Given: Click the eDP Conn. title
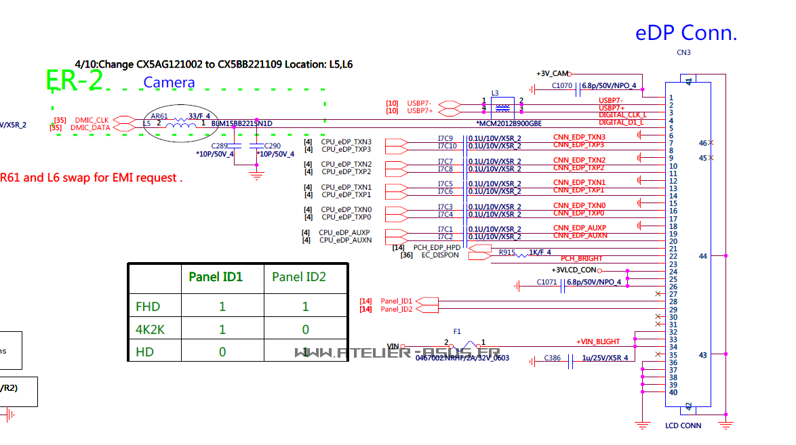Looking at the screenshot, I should click(x=685, y=33).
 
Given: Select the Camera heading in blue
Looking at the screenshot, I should click(x=169, y=83).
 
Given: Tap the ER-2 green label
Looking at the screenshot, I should click(x=75, y=81).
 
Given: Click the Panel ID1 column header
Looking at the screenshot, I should click(x=216, y=276).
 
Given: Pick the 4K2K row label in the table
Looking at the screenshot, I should click(x=151, y=330).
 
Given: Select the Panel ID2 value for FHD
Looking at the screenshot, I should click(x=305, y=307).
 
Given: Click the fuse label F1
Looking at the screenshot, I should click(x=458, y=332).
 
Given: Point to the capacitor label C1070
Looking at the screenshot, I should click(x=562, y=86).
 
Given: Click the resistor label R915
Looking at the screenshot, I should click(x=507, y=253).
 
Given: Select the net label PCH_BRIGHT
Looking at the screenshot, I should click(x=581, y=259).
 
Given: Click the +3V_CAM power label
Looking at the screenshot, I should click(x=551, y=73).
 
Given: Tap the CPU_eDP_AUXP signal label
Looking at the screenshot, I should click(x=345, y=232).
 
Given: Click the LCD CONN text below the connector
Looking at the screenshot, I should click(x=683, y=425).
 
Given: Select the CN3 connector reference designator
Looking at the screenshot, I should click(x=683, y=53).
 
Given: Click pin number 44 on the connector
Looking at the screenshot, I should click(x=703, y=256).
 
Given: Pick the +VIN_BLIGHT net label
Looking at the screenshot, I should click(x=598, y=341).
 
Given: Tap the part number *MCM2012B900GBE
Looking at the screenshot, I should click(x=509, y=124).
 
